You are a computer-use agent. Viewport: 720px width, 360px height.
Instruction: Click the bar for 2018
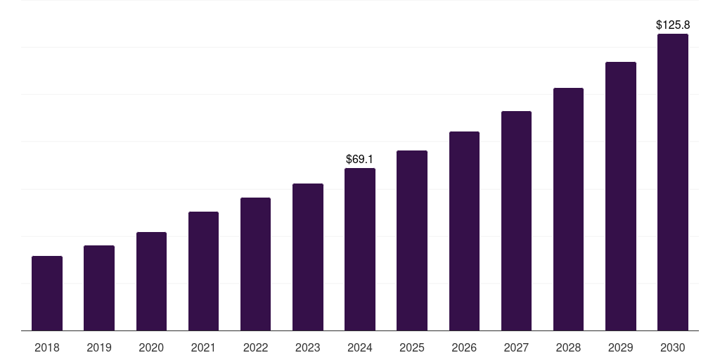point(47,293)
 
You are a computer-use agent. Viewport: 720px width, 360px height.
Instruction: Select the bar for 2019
point(99,288)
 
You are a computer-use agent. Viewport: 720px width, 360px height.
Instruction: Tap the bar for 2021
point(203,271)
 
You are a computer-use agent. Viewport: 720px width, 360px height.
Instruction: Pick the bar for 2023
point(308,257)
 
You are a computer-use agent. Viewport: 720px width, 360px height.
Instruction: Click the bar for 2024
point(360,250)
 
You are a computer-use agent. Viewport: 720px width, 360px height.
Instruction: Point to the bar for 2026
point(464,231)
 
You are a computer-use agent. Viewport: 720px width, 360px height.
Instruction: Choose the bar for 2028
point(568,210)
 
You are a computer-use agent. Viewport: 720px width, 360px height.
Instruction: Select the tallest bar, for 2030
point(673,182)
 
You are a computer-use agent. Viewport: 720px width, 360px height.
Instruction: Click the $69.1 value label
point(360,160)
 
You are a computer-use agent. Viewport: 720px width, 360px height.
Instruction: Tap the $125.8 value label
point(673,25)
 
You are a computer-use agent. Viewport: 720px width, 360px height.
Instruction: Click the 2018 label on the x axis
point(47,347)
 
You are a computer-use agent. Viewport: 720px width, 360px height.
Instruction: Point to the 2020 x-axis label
point(151,347)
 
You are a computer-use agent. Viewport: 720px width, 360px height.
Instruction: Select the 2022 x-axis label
point(255,347)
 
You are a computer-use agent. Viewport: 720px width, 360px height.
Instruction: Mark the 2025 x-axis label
point(412,347)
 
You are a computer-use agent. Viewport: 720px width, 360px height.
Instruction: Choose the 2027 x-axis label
point(516,347)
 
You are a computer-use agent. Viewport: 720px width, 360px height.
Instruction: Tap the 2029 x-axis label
point(621,347)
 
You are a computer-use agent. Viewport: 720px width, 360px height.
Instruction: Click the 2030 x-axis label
point(673,347)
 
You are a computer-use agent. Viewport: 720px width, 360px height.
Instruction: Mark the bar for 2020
point(151,281)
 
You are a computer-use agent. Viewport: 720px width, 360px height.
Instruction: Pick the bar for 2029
point(621,196)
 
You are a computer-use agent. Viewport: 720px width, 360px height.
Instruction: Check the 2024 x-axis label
point(360,347)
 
